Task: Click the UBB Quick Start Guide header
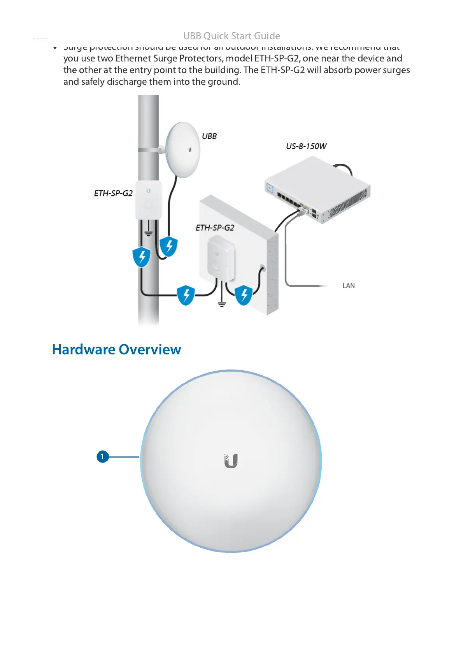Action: tap(231, 36)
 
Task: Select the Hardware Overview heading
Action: tap(116, 349)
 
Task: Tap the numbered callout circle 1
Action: tap(102, 457)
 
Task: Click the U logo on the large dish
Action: tap(231, 461)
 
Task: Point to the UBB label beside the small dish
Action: tap(209, 136)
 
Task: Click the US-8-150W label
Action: tap(306, 146)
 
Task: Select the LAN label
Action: tap(348, 286)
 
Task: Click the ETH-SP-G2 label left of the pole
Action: tap(113, 193)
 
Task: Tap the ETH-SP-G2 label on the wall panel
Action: tap(215, 228)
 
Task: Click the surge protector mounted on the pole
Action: tap(148, 199)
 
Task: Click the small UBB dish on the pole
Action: tap(182, 150)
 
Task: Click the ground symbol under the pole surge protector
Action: tap(148, 233)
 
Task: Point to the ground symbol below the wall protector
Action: tap(222, 304)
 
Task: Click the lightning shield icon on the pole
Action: tap(142, 257)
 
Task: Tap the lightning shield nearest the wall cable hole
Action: tap(244, 295)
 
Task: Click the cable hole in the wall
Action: tap(262, 268)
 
